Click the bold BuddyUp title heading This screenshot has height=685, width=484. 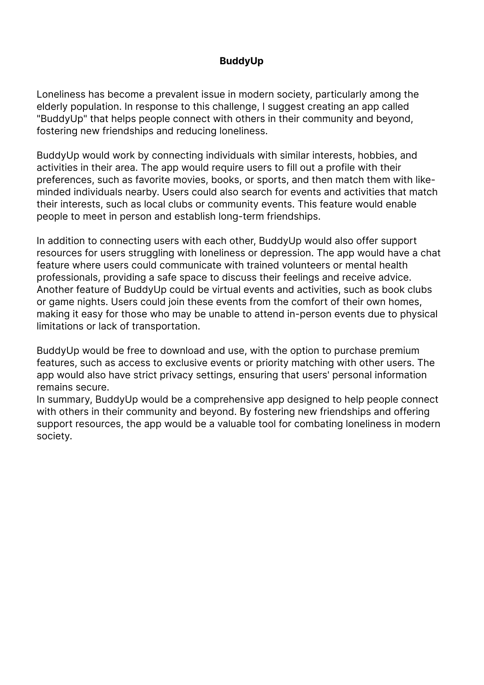241,61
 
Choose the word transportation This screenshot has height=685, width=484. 166,326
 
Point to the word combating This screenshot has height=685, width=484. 318,424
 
